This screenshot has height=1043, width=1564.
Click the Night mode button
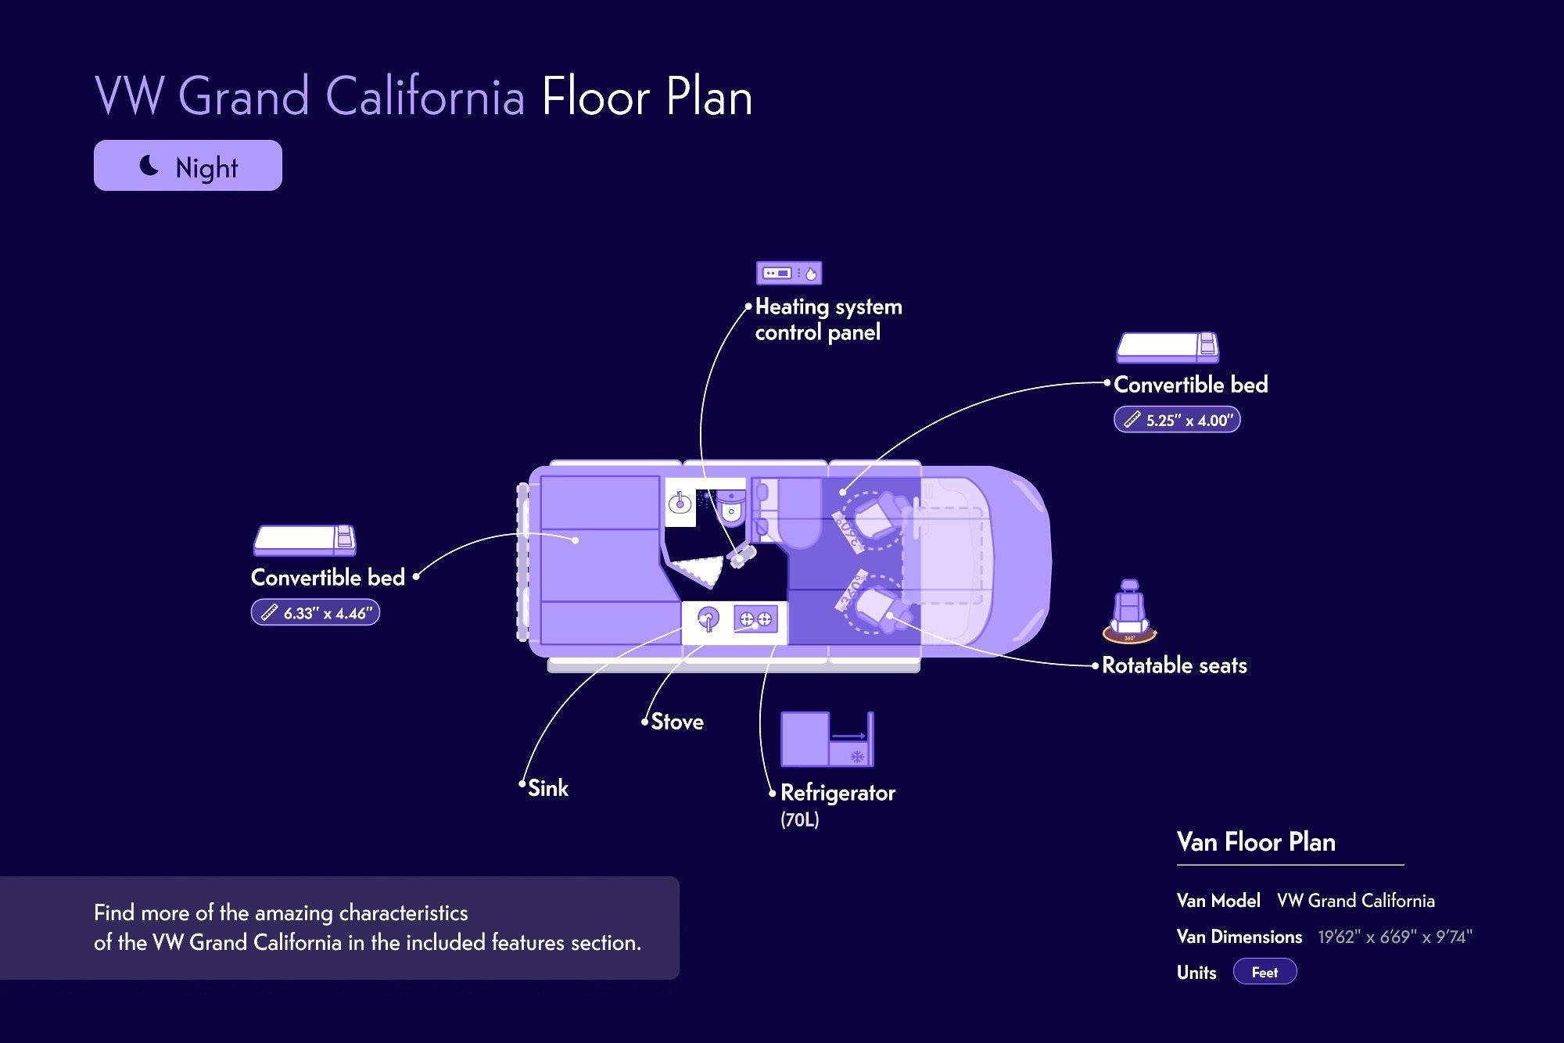188,166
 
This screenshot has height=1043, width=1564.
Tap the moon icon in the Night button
149,165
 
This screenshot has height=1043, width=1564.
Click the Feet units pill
1264,972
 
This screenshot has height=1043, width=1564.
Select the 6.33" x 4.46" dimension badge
315,613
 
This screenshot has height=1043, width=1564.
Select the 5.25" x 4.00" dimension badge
1177,420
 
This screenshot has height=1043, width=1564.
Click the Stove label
677,722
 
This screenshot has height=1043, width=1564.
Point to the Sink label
548,788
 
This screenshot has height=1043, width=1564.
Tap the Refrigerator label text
838,793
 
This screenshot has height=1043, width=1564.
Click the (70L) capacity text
799,820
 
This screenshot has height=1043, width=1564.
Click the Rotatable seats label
1174,665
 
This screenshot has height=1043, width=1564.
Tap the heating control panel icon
789,273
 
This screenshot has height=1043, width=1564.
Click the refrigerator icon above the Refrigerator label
827,740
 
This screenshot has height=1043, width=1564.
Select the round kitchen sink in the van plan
707,620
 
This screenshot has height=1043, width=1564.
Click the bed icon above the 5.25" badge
1168,348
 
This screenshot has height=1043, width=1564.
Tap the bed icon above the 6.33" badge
304,540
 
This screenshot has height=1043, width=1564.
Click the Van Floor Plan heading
1256,842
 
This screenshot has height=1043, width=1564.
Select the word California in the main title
425,97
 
